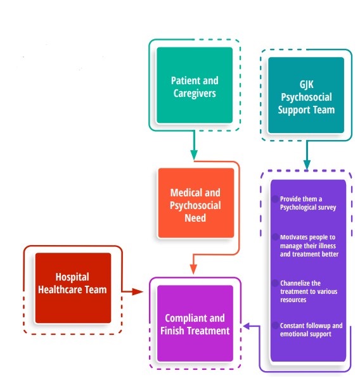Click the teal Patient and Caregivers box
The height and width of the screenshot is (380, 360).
(x=195, y=85)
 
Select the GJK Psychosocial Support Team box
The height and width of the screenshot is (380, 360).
(x=306, y=95)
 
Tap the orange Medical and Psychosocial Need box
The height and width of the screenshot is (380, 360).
(x=196, y=203)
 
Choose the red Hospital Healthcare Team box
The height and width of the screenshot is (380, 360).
(x=73, y=288)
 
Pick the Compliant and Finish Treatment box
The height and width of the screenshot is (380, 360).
(x=195, y=323)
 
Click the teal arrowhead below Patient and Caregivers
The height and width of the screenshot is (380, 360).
(x=194, y=155)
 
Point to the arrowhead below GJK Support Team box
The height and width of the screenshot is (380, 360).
(x=307, y=165)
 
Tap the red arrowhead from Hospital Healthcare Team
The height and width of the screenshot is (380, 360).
(x=138, y=292)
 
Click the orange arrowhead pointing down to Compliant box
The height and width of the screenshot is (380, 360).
(x=193, y=269)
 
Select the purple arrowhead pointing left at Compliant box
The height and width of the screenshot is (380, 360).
(x=247, y=326)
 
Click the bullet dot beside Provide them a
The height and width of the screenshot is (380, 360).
(x=275, y=199)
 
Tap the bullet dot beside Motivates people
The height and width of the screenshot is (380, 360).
(x=275, y=237)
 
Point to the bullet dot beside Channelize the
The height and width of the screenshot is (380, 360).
(x=275, y=283)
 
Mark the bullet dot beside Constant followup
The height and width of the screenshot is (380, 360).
(x=275, y=326)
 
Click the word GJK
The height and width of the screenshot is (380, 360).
(x=306, y=85)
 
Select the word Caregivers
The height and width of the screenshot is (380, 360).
(x=195, y=93)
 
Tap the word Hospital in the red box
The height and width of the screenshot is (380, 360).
(x=72, y=277)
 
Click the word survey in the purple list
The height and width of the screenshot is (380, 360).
(x=328, y=208)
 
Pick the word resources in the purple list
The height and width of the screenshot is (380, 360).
(x=293, y=300)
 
